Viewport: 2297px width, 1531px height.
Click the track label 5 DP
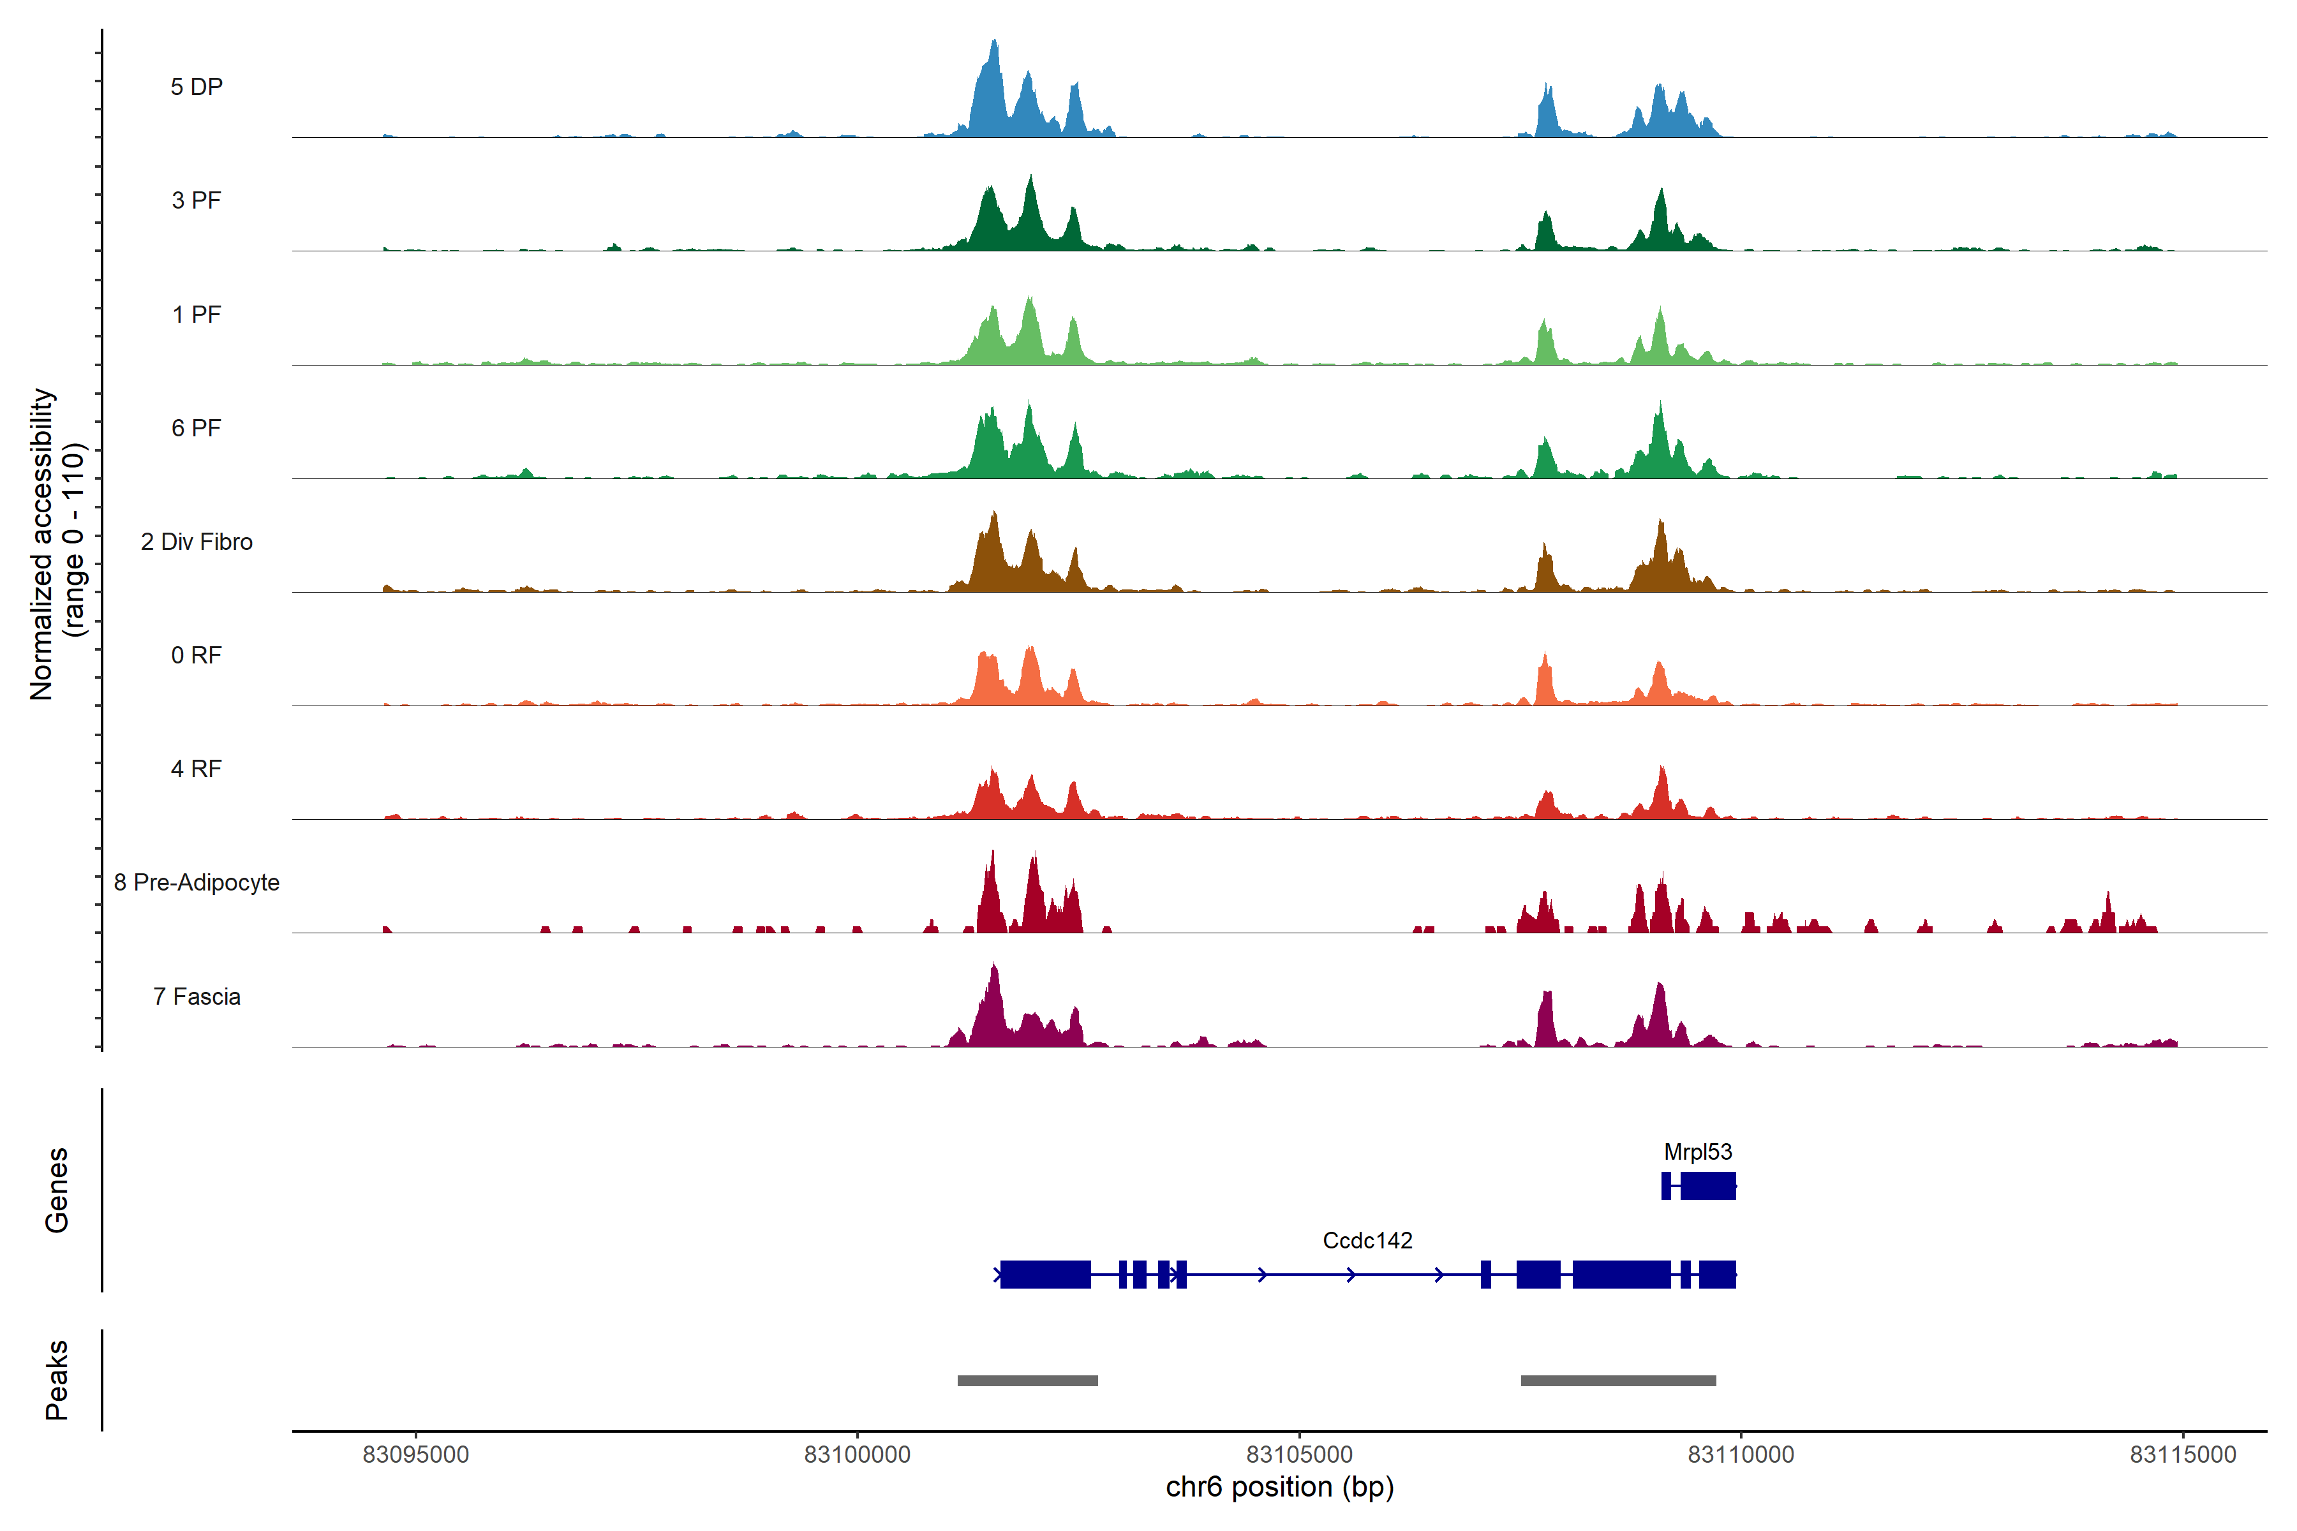tap(197, 87)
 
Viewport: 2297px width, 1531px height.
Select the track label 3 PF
tap(197, 200)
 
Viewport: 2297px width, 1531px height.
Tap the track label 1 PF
tap(197, 314)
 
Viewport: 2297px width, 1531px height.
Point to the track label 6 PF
tap(197, 427)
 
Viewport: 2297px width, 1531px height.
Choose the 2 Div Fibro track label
tap(197, 542)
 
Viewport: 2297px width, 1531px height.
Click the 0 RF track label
tap(197, 655)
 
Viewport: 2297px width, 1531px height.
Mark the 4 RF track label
tap(197, 769)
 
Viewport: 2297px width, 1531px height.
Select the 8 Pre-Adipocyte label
tap(197, 883)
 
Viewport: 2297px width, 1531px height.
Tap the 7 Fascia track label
tap(197, 996)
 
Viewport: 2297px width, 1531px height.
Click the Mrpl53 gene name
tap(1697, 1152)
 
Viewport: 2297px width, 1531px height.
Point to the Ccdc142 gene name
tap(1367, 1240)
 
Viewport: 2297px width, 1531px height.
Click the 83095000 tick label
tap(415, 1454)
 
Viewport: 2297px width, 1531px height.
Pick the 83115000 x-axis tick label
tap(2183, 1454)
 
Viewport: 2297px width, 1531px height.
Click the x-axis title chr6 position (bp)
tap(1279, 1487)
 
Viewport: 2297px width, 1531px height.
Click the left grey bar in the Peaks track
tap(1027, 1380)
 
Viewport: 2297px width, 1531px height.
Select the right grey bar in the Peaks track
tap(1618, 1380)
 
